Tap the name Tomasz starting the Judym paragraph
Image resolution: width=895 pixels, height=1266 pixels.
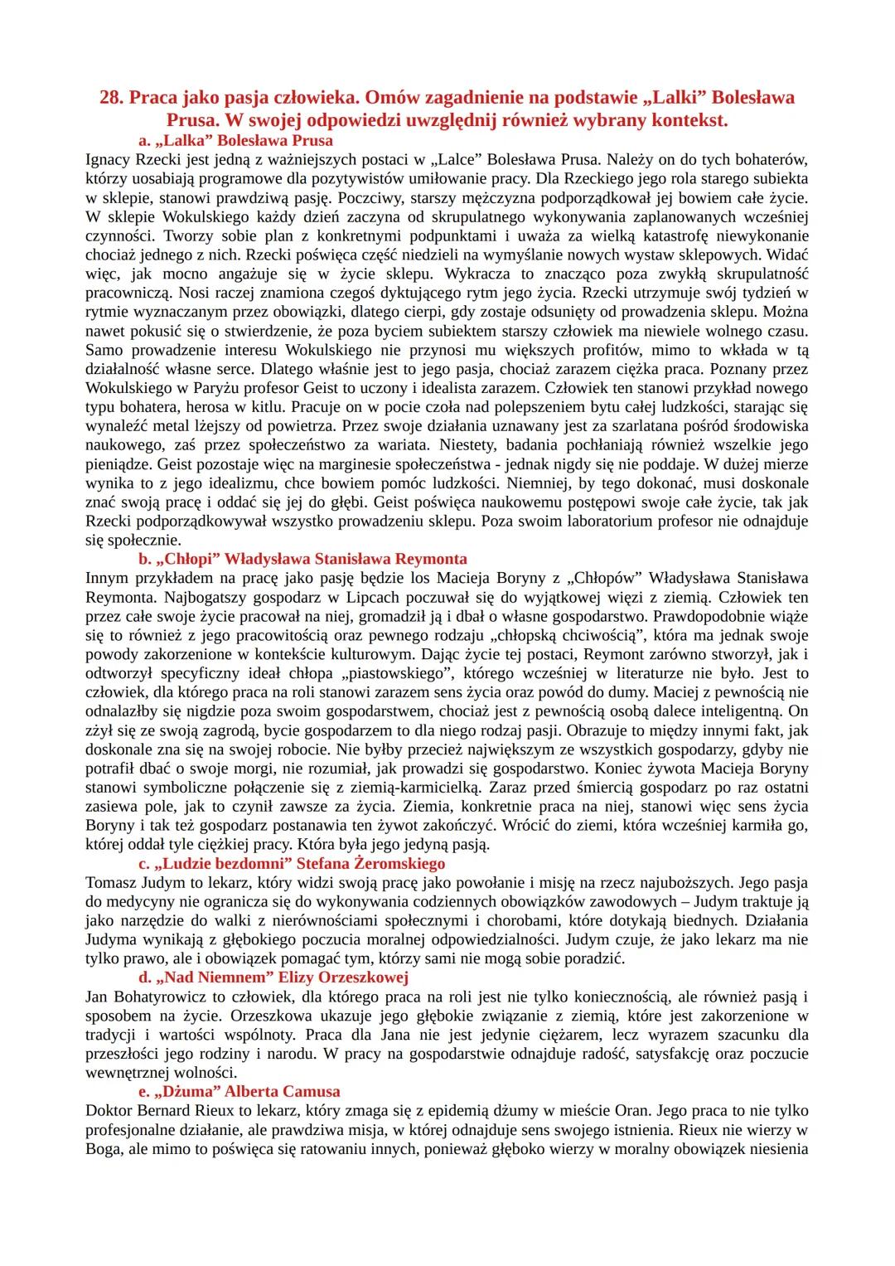(x=111, y=883)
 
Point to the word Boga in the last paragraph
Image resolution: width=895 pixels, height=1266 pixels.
(x=104, y=1148)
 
